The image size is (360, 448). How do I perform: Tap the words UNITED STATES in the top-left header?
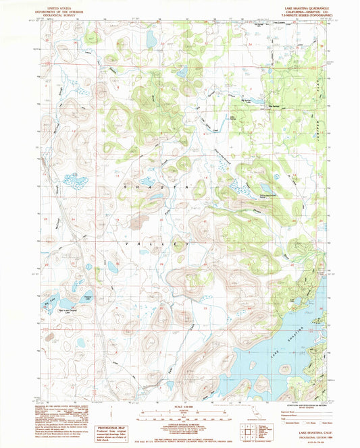point(57,3)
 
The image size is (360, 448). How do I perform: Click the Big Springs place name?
point(276,106)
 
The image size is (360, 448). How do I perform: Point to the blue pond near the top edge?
point(151,39)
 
